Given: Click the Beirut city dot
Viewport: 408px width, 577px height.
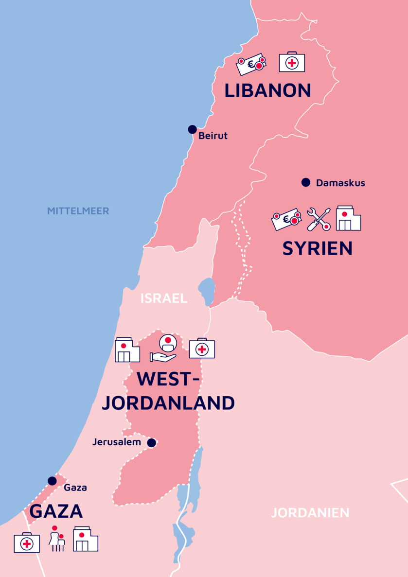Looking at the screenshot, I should tap(192, 129).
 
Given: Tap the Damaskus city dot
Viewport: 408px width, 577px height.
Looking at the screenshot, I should tap(305, 182).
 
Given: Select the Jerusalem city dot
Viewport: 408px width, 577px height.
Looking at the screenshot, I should tap(152, 442).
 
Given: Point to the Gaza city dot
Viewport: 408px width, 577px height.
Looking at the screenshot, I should tap(52, 481).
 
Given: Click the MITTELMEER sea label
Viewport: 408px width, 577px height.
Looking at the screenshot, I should tap(78, 211).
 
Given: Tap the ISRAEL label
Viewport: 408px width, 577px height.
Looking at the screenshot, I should tap(164, 298).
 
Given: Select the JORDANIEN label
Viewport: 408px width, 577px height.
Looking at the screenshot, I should tap(310, 513).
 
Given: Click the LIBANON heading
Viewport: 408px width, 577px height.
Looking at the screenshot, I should tap(267, 91).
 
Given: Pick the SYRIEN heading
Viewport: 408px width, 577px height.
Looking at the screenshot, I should tap(317, 248).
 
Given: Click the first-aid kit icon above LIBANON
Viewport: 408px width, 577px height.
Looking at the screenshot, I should tap(292, 62).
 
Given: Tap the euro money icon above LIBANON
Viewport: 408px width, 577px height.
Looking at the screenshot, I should tap(251, 64).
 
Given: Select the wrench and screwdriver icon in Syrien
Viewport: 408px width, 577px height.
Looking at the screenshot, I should tap(319, 219).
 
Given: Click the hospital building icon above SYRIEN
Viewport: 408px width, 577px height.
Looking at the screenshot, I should tap(348, 218).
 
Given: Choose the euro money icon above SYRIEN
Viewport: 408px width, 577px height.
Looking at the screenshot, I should tap(286, 220).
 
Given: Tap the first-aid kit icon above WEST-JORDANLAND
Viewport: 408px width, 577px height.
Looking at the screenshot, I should tap(202, 348).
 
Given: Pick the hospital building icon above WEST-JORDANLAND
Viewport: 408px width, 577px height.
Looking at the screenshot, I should tap(127, 350).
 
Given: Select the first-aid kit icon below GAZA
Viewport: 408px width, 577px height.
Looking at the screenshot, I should tap(27, 542).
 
